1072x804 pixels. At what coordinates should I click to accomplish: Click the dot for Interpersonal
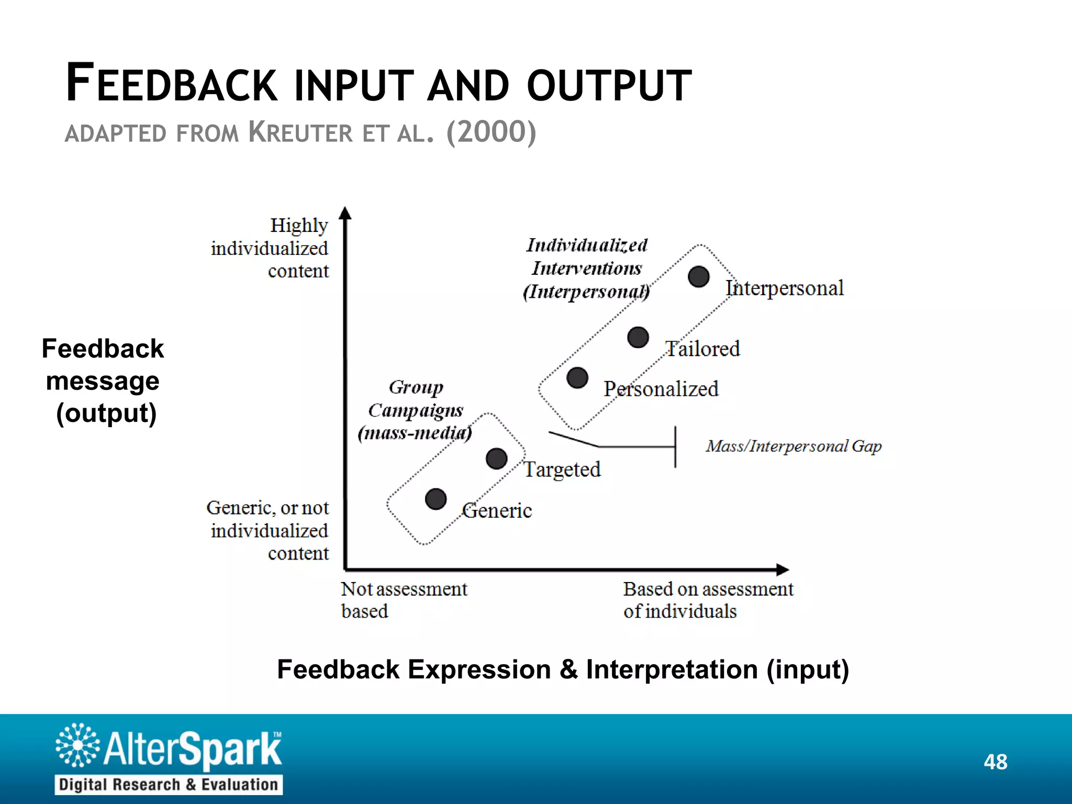(699, 276)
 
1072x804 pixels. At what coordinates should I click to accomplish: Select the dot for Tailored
(638, 338)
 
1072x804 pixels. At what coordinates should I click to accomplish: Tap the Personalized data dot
(577, 377)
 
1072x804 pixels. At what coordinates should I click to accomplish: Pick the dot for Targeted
(496, 459)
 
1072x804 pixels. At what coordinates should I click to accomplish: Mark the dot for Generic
(435, 499)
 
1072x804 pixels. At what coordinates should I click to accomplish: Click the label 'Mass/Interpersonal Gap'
(794, 446)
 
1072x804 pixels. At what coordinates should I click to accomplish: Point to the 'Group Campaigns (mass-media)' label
(415, 410)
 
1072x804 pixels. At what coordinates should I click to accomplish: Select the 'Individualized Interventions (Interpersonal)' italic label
(587, 268)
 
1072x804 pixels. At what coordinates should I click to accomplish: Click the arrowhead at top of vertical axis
(345, 213)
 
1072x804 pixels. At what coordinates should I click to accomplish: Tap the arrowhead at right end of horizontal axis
(782, 569)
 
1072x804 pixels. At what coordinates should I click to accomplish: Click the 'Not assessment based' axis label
(404, 600)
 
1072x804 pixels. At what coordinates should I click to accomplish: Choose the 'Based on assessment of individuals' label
(708, 600)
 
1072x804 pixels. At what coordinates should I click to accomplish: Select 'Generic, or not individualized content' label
(268, 530)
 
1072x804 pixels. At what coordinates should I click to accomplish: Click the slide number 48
(995, 762)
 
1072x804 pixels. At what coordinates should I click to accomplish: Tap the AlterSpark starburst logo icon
(77, 745)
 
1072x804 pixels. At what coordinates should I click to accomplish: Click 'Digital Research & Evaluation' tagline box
(169, 785)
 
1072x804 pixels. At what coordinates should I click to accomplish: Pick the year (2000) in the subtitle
(491, 132)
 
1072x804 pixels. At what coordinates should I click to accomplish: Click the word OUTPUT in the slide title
(609, 85)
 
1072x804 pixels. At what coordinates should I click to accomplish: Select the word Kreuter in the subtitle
(301, 132)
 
